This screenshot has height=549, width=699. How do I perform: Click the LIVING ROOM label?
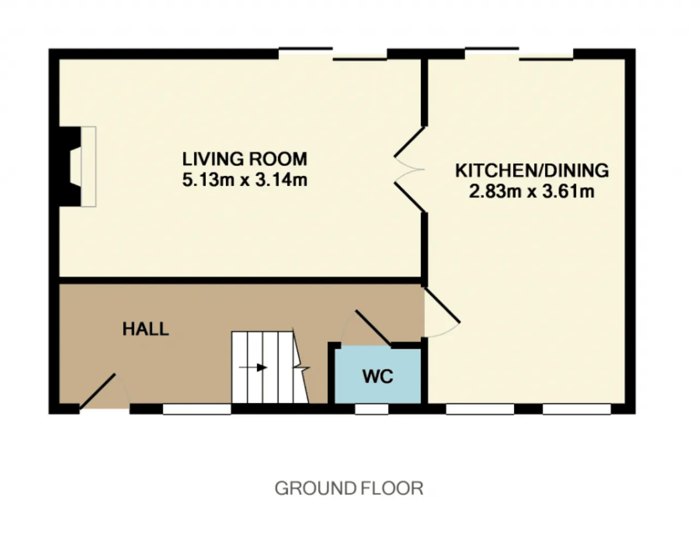[245, 159]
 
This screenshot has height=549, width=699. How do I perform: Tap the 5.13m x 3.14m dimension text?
[245, 180]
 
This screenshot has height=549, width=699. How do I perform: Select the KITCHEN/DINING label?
[532, 170]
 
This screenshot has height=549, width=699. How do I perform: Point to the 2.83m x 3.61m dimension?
[532, 192]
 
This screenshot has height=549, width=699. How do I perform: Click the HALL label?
[146, 329]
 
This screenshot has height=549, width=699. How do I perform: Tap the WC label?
[378, 376]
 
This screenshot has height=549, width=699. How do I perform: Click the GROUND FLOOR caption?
[349, 488]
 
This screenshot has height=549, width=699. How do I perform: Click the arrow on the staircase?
[253, 367]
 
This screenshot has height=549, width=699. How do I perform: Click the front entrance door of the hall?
[97, 391]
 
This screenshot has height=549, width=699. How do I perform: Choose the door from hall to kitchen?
[442, 305]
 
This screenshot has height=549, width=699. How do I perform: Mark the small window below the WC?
[371, 409]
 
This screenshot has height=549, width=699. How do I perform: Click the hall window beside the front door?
[197, 409]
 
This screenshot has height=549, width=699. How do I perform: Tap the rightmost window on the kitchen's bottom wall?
[577, 409]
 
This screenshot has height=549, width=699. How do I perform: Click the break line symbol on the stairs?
[301, 367]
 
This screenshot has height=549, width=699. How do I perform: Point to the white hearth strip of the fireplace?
[88, 166]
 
